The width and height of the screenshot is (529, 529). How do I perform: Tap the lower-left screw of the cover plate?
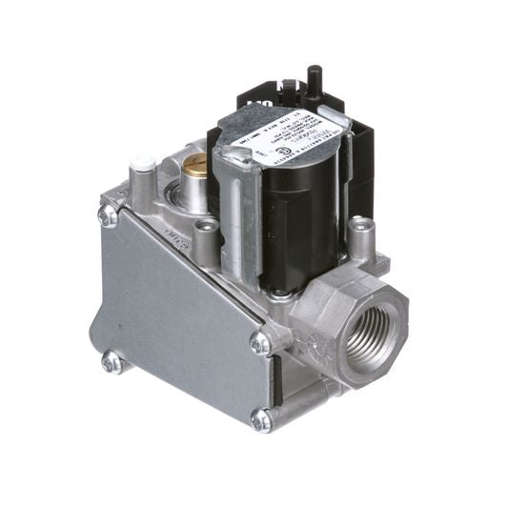[112, 362]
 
